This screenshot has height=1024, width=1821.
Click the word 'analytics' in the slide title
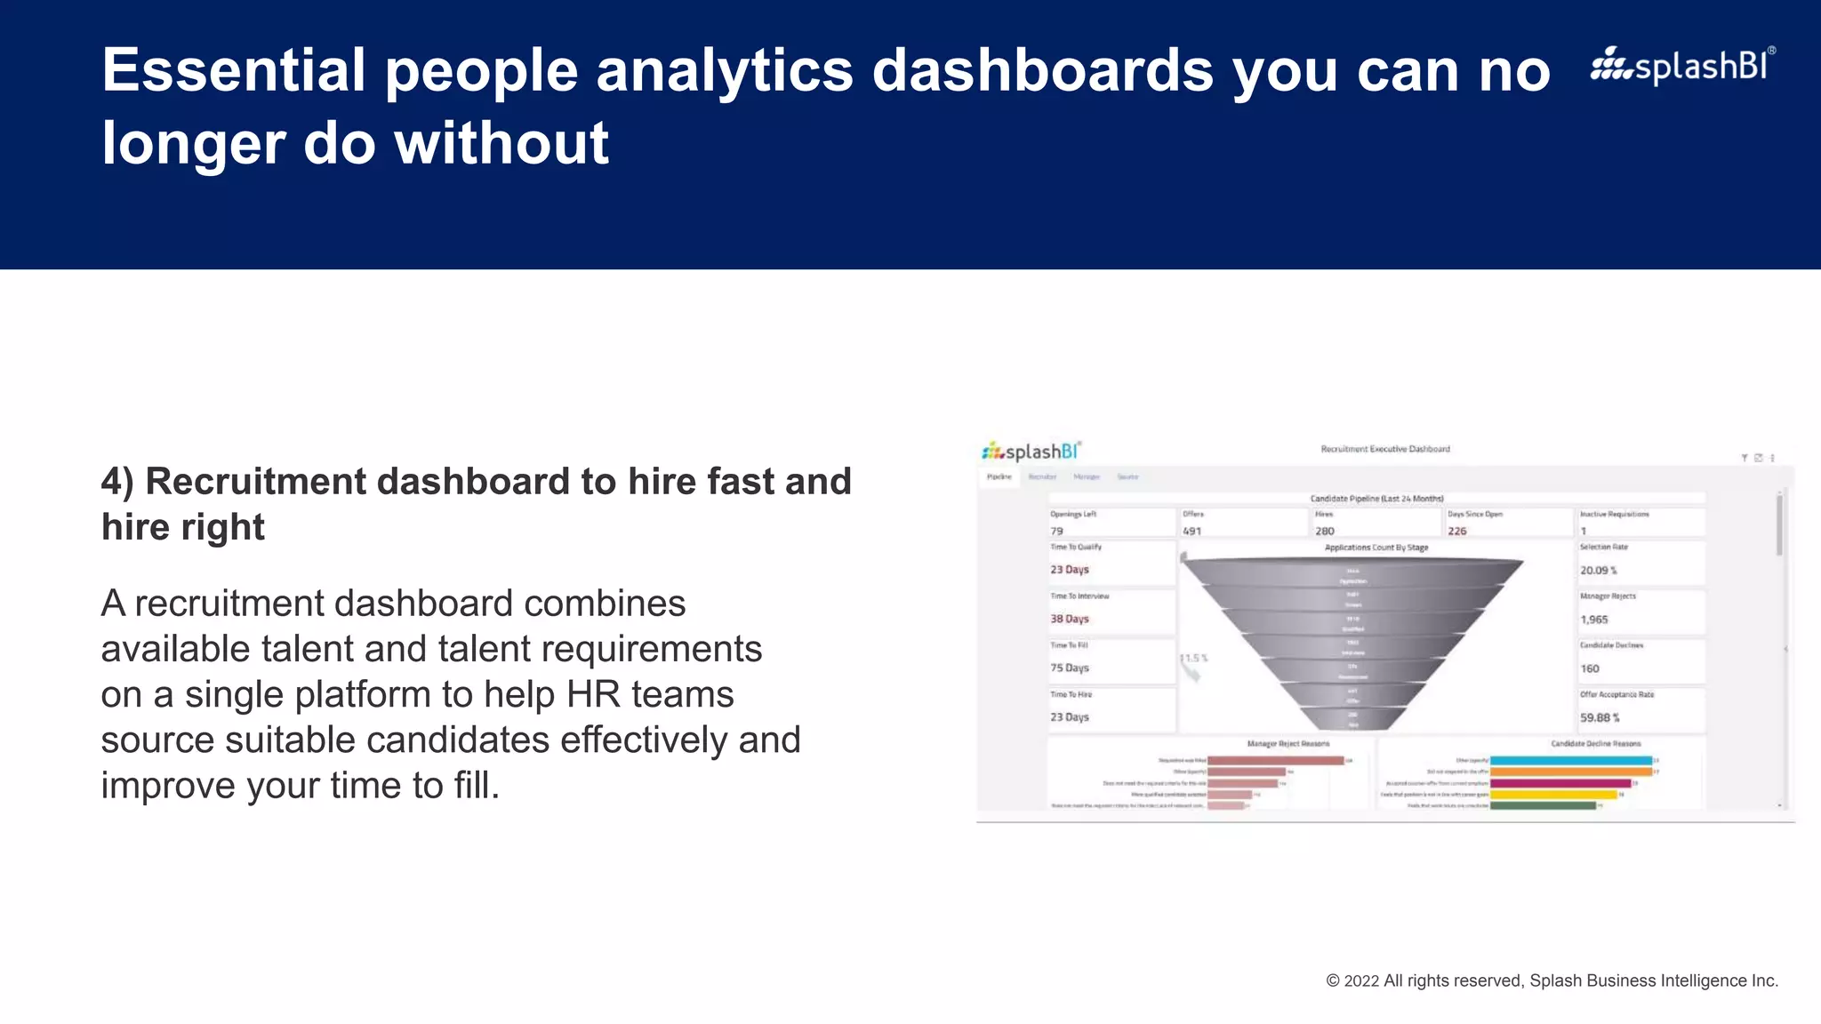pos(724,71)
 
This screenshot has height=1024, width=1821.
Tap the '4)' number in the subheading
pos(117,482)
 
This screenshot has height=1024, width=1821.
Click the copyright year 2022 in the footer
pos(1361,980)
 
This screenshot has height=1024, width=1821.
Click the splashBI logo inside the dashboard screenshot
pos(1031,452)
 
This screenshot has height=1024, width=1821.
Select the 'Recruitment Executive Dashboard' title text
pos(1384,449)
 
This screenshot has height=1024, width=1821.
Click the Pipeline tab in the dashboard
pos(999,477)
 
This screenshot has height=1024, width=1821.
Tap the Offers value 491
pos(1191,531)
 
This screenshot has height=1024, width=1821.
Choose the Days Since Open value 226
pos(1456,531)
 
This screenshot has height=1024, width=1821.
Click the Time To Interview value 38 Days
pos(1069,619)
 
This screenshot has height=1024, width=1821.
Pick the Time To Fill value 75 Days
pos(1069,668)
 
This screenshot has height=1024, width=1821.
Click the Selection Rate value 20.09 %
pos(1598,571)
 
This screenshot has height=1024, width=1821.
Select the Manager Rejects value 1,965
pos(1593,620)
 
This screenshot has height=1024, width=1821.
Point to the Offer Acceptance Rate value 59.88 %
pos(1599,717)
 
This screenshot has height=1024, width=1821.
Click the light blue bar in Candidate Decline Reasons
pos(1570,761)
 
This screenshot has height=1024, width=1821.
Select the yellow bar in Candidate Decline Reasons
pos(1552,795)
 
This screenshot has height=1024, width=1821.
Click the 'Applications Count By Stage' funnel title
pos(1376,548)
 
